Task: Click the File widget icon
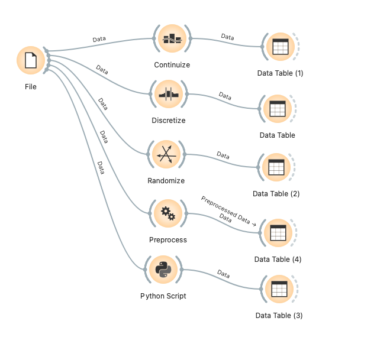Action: [31, 61]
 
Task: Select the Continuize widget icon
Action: [172, 39]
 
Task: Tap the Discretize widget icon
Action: [169, 95]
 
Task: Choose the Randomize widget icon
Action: [166, 154]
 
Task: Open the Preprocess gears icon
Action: [168, 213]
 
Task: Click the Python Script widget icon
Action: [163, 270]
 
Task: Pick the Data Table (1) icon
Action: [280, 47]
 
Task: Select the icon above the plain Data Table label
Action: [277, 109]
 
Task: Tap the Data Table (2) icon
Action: [276, 167]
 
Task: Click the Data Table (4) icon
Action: [278, 233]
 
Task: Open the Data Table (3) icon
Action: [279, 289]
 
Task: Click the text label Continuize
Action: [172, 65]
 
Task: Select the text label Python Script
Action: [163, 296]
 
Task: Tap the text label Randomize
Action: [166, 181]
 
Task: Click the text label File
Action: [31, 87]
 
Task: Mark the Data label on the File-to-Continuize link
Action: [99, 40]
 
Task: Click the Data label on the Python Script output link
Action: [223, 274]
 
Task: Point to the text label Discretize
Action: [169, 121]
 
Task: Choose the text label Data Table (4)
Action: [278, 260]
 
